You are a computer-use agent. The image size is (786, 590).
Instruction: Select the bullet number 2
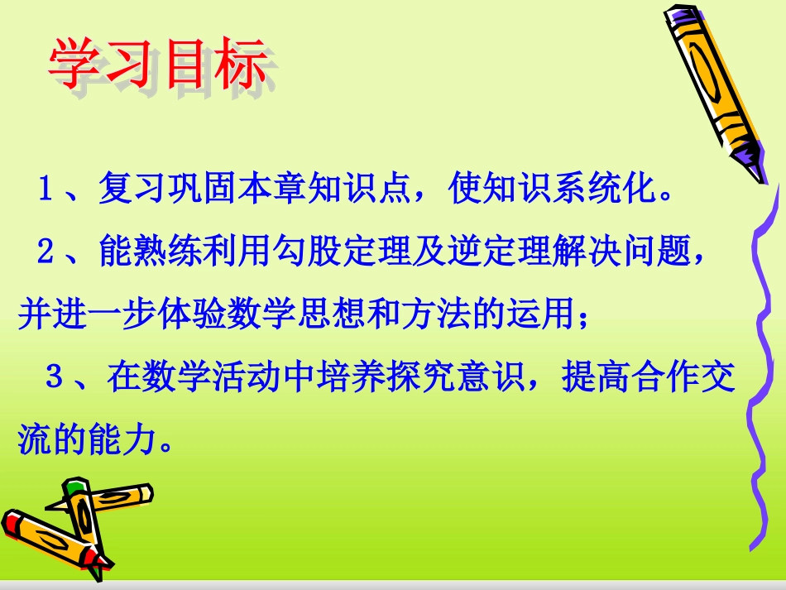(x=46, y=252)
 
